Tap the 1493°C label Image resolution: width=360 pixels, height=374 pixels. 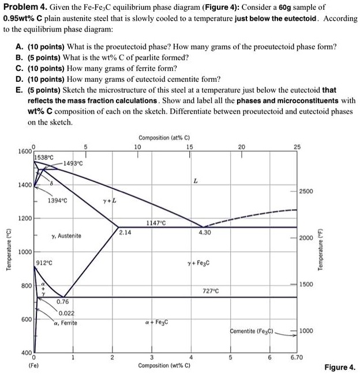tap(72, 164)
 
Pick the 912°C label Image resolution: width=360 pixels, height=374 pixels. tap(44, 263)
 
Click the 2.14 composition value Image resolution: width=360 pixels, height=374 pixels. tap(125, 232)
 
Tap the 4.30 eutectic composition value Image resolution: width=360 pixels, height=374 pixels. tap(204, 232)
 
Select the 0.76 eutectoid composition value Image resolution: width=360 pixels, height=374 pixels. tap(63, 301)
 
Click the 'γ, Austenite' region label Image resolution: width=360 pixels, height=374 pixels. tap(66, 236)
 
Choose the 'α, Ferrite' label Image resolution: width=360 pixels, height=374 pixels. tap(65, 323)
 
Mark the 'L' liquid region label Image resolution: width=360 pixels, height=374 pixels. tap(196, 181)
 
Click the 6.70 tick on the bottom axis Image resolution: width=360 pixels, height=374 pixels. tap(297, 358)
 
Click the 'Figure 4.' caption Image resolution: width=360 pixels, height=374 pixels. tap(340, 367)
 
